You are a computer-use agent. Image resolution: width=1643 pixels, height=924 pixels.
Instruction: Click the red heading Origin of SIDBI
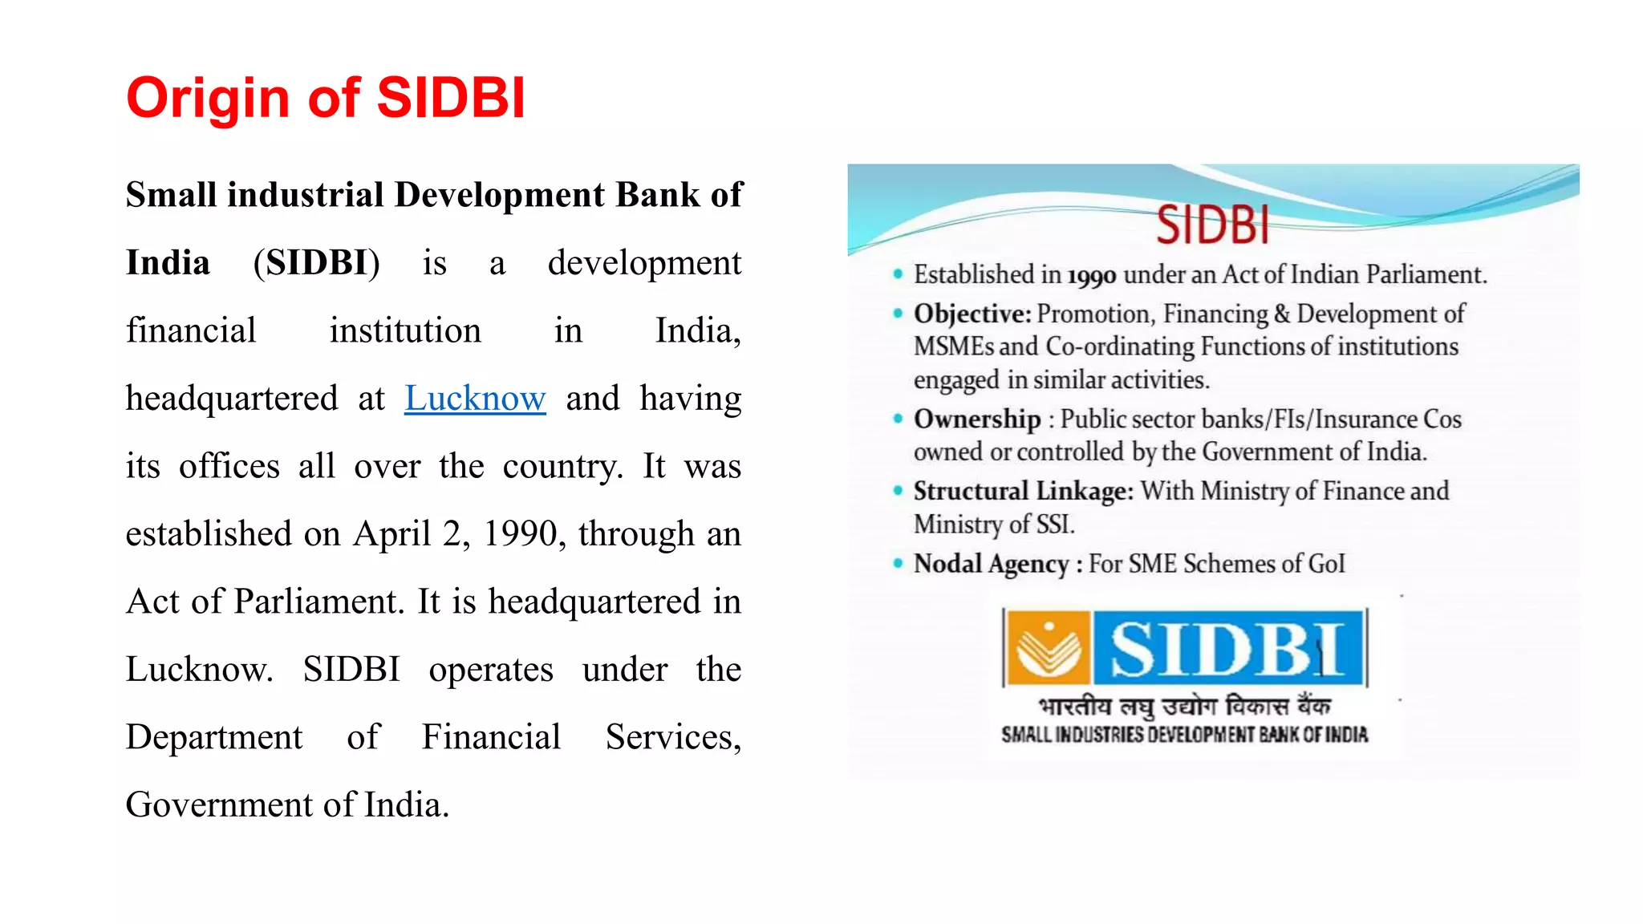[x=326, y=98]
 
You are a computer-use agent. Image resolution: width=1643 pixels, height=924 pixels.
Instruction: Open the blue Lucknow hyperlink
[x=475, y=399]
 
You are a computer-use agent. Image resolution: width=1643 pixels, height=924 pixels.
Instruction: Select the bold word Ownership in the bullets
[x=977, y=419]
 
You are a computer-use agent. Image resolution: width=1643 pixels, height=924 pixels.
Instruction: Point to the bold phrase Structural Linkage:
[x=1024, y=491]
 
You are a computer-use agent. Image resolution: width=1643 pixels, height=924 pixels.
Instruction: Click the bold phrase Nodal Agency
[x=992, y=564]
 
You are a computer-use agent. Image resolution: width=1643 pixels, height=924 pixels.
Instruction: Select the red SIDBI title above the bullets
[x=1212, y=225]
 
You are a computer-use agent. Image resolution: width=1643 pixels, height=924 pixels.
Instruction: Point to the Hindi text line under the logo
[x=1185, y=706]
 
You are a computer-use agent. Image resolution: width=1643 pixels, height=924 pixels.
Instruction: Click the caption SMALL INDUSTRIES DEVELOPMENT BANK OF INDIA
[x=1185, y=735]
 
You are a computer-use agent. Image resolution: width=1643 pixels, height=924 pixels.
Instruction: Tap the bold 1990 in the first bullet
[x=1092, y=277]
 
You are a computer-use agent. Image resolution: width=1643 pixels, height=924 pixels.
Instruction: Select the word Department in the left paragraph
[x=214, y=737]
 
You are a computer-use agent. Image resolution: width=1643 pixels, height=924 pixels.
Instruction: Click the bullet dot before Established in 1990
[x=898, y=274]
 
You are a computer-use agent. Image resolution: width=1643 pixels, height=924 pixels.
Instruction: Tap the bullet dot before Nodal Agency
[x=898, y=563]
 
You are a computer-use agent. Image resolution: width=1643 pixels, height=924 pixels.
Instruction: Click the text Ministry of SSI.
[x=994, y=525]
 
